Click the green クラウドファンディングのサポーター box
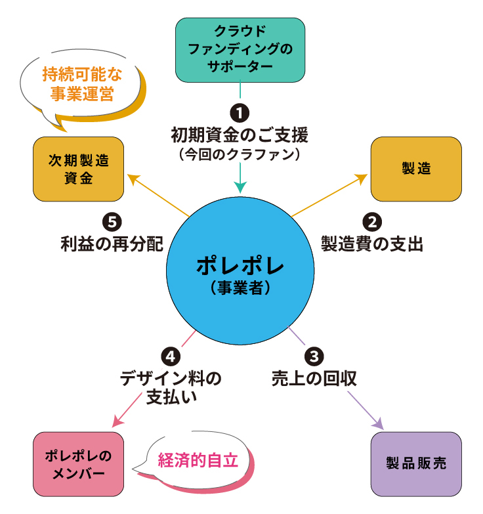(x=240, y=49)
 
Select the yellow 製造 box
(x=416, y=169)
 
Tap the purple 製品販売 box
(x=416, y=463)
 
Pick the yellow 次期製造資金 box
(x=78, y=169)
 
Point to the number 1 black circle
(x=240, y=112)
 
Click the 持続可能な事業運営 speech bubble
(x=81, y=85)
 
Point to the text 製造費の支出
(x=371, y=244)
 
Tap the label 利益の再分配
(x=112, y=244)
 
